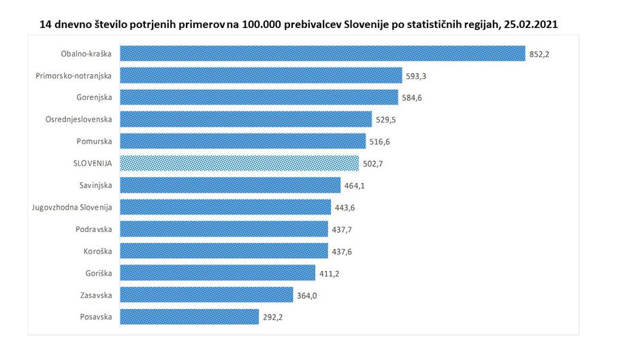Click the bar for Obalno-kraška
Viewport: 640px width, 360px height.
click(x=322, y=53)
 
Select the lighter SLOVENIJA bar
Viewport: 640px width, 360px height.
click(x=239, y=163)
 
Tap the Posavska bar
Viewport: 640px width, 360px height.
click(x=189, y=316)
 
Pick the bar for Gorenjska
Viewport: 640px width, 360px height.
click(x=259, y=97)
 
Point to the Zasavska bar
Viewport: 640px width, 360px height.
click(x=204, y=295)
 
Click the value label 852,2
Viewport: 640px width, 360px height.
click(x=539, y=54)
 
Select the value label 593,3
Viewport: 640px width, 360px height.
click(x=416, y=76)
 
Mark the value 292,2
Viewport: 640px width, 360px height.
click(x=272, y=317)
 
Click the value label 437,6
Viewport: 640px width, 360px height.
click(x=341, y=251)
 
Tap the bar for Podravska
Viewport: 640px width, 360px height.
click(x=224, y=229)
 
